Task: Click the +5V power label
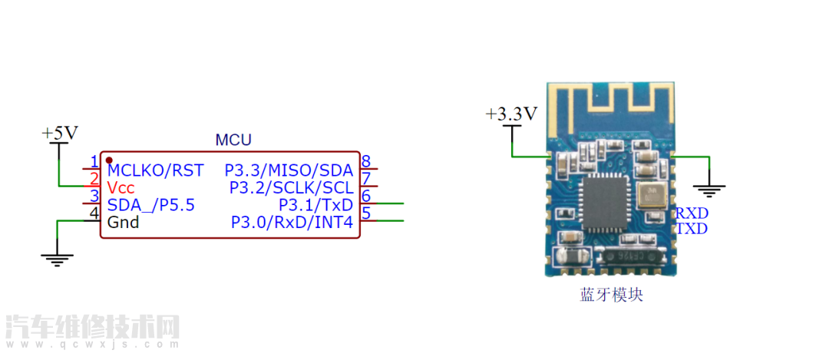pyautogui.click(x=60, y=133)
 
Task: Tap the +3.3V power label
pyautogui.click(x=511, y=114)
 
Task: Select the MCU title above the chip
pyautogui.click(x=233, y=140)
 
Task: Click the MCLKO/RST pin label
pyautogui.click(x=156, y=170)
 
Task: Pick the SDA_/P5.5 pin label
pyautogui.click(x=151, y=205)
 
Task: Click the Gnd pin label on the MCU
pyautogui.click(x=123, y=223)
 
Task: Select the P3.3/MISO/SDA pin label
pyautogui.click(x=289, y=170)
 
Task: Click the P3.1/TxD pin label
pyautogui.click(x=315, y=205)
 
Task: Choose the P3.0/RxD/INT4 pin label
pyautogui.click(x=292, y=223)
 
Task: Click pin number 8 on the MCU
pyautogui.click(x=366, y=162)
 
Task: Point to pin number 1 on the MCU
pyautogui.click(x=94, y=162)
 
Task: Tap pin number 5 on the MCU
pyautogui.click(x=366, y=214)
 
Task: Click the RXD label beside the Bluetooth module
pyautogui.click(x=691, y=213)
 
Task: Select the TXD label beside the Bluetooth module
pyautogui.click(x=691, y=229)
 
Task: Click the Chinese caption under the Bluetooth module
pyautogui.click(x=611, y=295)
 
